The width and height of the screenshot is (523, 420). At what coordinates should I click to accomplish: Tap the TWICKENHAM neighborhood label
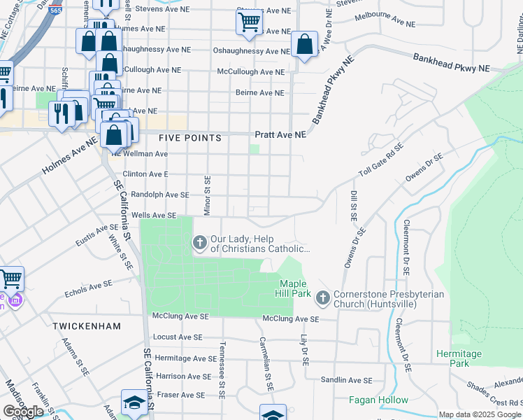87,326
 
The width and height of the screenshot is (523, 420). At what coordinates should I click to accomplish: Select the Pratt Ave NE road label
280,134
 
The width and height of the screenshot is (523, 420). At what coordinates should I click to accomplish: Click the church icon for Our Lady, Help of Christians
199,243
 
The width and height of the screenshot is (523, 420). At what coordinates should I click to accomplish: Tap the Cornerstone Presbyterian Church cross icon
322,298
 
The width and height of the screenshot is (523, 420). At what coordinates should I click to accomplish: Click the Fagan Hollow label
378,400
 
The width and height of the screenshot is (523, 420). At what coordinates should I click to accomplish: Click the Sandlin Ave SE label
346,380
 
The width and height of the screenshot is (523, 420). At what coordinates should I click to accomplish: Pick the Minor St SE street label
207,195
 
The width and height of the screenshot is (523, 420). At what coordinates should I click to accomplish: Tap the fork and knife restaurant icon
60,112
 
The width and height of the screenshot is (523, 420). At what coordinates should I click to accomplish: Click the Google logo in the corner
24,411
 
